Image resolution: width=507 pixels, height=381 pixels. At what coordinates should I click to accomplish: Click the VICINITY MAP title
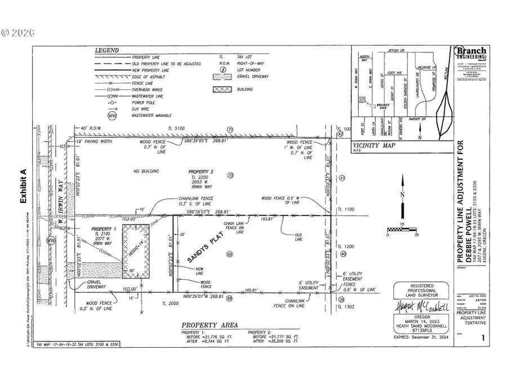click(371, 146)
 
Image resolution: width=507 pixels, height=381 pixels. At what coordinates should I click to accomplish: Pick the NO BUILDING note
click(146, 171)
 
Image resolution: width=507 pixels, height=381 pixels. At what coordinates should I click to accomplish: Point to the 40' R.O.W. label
click(92, 129)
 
